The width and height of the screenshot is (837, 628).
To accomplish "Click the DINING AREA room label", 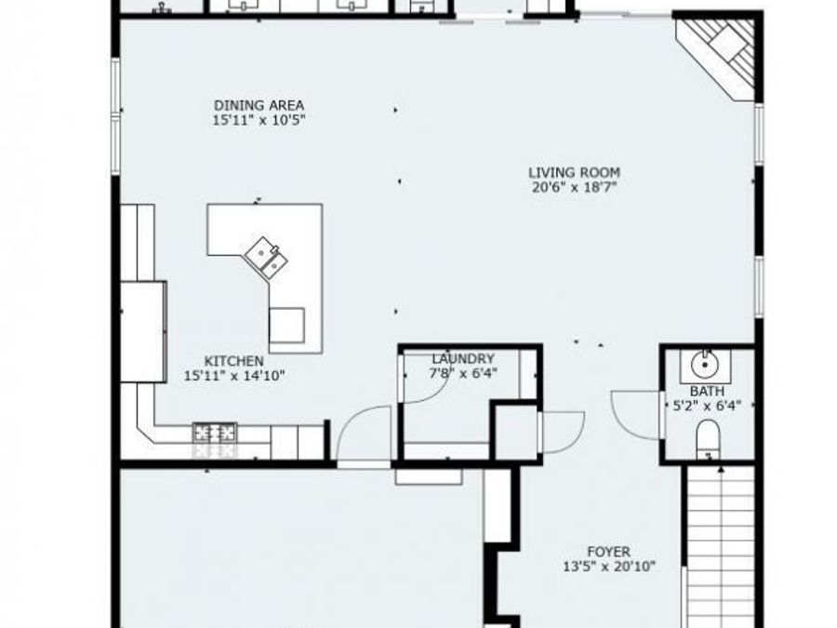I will point(259,105).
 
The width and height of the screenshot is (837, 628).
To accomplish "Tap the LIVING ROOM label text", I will point(574,172).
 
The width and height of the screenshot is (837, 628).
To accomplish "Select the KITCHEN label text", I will point(234,361).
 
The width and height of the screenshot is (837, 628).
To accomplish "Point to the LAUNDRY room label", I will point(463,358).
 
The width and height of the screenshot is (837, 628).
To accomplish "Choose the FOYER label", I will point(608,552).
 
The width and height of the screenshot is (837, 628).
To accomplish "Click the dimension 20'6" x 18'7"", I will point(574,187).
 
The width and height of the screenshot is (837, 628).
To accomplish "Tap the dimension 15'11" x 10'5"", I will point(259,120).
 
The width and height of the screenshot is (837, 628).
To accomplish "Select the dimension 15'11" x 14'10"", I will point(234,376).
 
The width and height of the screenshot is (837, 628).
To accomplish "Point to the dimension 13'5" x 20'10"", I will point(609,566).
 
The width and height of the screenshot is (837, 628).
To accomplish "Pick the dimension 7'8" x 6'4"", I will point(463,373).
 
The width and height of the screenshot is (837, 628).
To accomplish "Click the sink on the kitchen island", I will point(266,258).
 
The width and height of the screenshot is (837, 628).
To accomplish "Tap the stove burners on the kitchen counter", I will point(215,433).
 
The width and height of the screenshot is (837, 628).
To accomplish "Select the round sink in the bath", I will point(706,362).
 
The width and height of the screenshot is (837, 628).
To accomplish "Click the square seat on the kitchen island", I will point(286,326).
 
